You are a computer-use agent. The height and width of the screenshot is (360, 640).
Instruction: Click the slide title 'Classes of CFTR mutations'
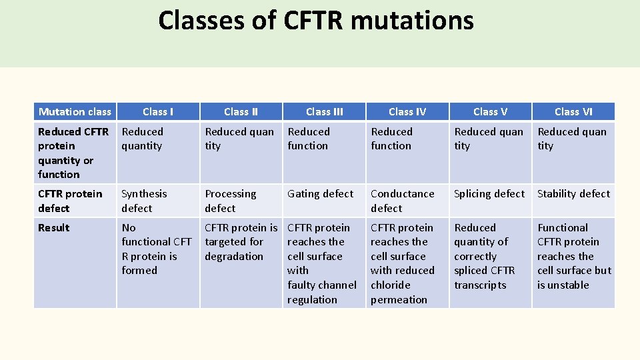(316, 21)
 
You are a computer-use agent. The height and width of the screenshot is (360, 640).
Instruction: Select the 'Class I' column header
(158, 112)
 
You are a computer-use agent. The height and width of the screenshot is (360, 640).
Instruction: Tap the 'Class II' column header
(241, 112)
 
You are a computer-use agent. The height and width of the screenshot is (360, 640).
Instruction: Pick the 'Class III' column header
(324, 112)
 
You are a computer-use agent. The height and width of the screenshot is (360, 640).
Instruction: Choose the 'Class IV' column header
(407, 112)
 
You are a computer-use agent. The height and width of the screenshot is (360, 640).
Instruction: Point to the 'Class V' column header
(490, 112)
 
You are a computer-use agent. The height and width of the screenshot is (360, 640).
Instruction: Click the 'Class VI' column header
(573, 112)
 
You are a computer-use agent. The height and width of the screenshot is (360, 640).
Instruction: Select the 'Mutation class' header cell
(75, 112)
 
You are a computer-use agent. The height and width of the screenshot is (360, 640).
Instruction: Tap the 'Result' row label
(54, 228)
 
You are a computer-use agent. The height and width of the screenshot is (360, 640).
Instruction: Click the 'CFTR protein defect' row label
(70, 201)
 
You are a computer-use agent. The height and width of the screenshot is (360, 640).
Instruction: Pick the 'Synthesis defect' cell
(144, 201)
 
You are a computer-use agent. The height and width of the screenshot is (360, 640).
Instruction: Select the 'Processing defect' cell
(230, 201)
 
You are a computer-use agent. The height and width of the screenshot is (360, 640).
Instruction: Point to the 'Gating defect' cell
(320, 194)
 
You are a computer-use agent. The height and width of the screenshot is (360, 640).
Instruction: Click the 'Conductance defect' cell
(402, 201)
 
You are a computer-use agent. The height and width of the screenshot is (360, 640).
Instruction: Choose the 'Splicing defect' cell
(489, 194)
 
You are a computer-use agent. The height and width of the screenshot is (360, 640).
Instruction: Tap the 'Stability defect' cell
(573, 194)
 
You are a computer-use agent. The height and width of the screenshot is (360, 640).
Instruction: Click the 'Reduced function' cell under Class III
(309, 139)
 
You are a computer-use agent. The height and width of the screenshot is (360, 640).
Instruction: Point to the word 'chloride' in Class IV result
(391, 285)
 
